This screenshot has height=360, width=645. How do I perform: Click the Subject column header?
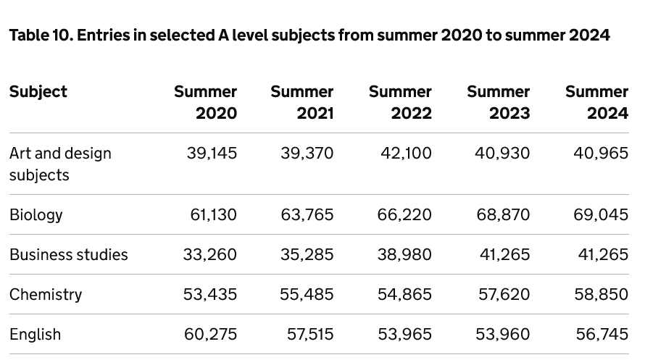38,92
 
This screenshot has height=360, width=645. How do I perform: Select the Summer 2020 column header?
206,102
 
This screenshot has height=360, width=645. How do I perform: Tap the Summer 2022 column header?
400,102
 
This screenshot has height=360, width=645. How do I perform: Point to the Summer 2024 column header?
596,102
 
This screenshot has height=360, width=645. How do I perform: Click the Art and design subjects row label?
60,164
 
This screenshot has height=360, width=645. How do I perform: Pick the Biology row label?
36,215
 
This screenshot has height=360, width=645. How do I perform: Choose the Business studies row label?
69,255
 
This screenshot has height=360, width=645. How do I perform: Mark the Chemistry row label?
46,295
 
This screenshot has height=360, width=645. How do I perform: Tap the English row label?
35,335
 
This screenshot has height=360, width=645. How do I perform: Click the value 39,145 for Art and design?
212,154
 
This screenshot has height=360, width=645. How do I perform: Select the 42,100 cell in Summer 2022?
406,154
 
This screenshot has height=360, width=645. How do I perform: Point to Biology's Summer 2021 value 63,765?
307,215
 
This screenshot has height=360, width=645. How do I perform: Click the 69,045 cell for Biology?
601,215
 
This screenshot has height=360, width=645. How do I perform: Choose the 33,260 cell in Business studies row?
212,255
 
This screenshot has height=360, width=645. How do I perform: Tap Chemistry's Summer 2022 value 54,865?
404,295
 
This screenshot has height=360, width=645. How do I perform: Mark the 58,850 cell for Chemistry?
601,295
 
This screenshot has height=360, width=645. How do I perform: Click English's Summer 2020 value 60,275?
212,335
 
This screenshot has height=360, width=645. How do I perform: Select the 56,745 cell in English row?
602,335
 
